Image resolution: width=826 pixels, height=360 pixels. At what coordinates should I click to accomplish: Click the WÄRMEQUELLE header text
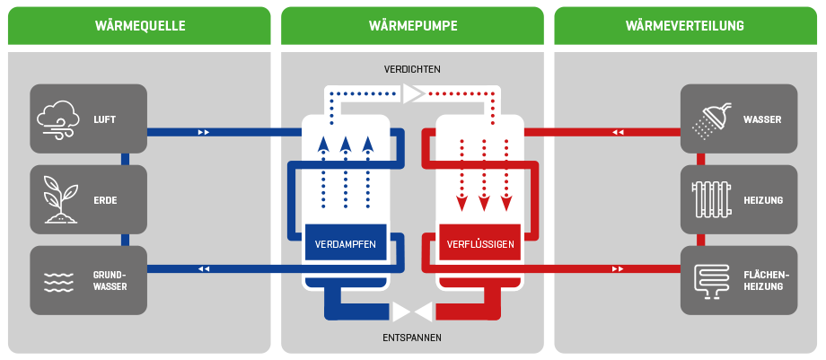139,26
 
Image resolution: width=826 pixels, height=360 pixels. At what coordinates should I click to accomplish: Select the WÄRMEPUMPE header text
413,26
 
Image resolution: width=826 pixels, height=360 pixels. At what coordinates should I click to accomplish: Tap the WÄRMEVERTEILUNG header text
685,26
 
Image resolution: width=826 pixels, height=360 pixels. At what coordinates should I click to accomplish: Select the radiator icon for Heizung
709,199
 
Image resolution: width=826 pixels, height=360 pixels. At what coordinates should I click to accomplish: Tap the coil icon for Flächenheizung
709,281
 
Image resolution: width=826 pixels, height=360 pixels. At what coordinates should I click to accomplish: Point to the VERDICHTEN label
412,69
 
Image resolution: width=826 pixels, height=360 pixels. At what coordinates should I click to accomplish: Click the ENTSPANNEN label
412,338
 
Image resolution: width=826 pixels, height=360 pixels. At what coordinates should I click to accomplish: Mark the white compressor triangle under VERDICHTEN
414,92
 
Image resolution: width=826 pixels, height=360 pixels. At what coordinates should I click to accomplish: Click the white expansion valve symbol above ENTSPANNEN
413,312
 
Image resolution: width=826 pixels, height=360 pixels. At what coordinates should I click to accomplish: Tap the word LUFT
105,119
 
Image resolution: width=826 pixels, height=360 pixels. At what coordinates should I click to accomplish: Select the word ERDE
105,200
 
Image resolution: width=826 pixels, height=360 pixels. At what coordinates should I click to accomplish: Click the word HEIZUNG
763,200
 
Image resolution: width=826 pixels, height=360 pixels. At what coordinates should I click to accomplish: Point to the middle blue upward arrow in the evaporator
346,146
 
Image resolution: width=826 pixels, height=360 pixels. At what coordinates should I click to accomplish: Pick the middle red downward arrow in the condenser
485,202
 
